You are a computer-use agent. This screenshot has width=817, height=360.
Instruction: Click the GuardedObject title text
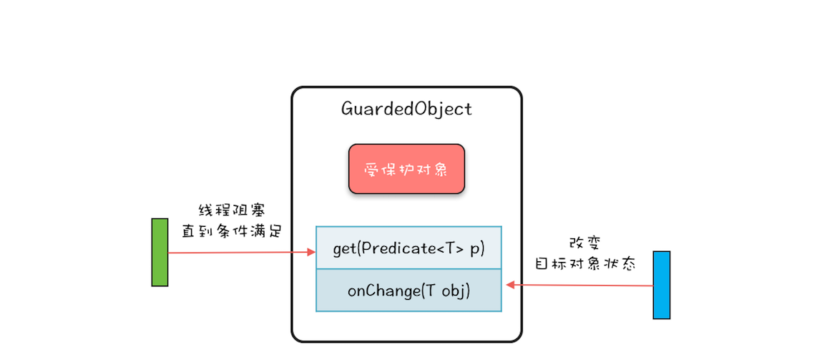(x=406, y=109)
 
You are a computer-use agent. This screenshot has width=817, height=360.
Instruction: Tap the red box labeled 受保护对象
(x=406, y=169)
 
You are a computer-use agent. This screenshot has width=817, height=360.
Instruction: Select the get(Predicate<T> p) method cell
(x=408, y=248)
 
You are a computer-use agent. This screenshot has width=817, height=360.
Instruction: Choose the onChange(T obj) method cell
(x=408, y=291)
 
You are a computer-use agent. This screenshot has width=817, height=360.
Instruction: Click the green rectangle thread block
(x=160, y=252)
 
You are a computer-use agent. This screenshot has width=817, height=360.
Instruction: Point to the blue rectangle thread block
(x=661, y=284)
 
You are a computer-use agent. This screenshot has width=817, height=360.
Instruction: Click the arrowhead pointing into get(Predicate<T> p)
(x=311, y=252)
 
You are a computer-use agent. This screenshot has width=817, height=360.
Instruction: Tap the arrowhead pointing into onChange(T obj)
(x=511, y=285)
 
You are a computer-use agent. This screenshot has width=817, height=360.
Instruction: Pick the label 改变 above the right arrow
(x=582, y=243)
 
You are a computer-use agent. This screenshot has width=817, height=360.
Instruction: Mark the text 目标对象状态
(x=585, y=263)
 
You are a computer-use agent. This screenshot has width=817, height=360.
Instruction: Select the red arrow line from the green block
(x=236, y=252)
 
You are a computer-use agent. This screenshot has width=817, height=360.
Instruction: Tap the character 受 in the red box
(x=371, y=170)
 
